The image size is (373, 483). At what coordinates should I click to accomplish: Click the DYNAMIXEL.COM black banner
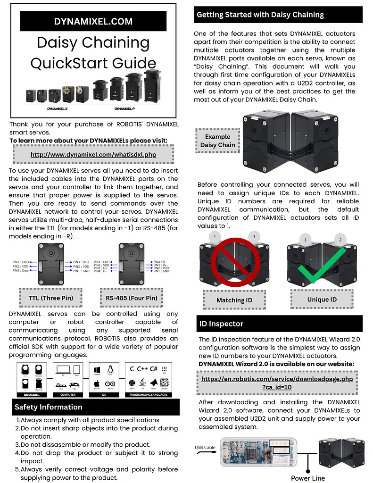[x=93, y=21]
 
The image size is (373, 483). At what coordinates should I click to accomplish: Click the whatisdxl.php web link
[x=93, y=155]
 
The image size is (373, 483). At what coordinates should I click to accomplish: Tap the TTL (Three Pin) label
[x=51, y=298]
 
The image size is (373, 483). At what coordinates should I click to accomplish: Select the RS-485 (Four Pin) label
[x=131, y=298]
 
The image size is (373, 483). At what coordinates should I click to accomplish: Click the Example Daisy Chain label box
[x=217, y=141]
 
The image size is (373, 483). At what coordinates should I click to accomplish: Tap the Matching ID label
[x=234, y=300]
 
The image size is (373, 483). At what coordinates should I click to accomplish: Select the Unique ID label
[x=322, y=300]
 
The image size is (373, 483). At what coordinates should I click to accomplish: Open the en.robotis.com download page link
[x=277, y=383]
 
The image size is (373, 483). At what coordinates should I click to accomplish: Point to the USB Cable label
[x=205, y=447]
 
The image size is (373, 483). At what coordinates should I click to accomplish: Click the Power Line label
[x=307, y=478]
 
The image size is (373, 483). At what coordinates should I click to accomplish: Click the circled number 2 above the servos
[x=340, y=240]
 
